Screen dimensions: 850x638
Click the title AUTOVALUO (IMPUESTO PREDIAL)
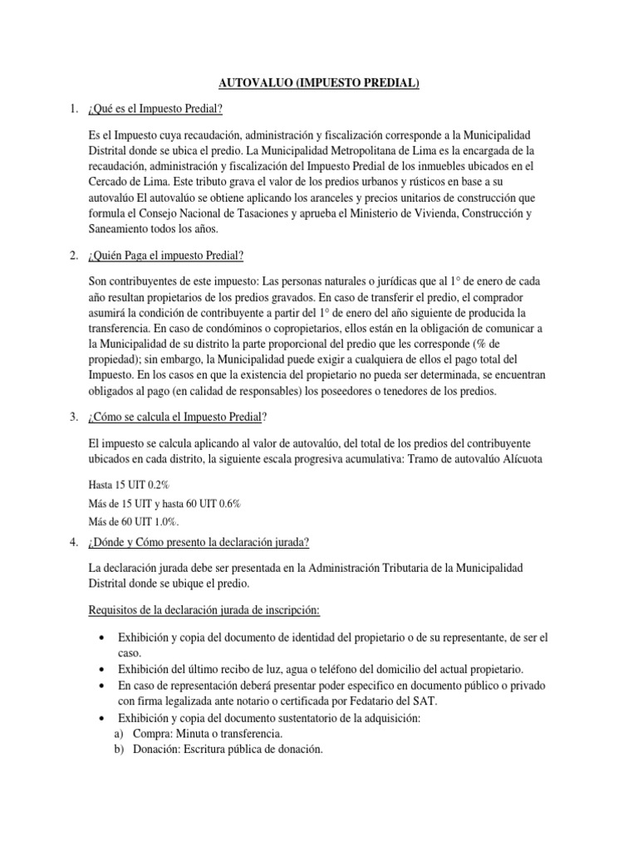tap(318, 83)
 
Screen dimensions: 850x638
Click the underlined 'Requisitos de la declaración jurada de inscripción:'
tap(204, 610)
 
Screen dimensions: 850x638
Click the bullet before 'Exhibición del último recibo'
tap(101, 670)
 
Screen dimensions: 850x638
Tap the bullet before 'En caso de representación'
tap(101, 686)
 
